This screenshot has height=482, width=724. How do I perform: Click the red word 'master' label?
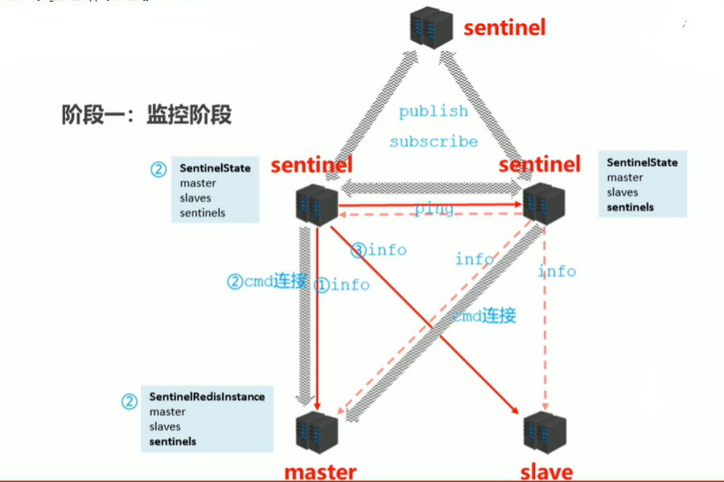point(320,471)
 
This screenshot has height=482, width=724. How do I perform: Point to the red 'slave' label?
point(547,471)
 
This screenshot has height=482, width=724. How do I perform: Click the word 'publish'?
point(433,112)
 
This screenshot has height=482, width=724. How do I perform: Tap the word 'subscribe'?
point(434,142)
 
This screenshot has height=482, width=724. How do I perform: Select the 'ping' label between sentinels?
point(434,209)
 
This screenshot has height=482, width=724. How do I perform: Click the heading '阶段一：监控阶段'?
point(146,115)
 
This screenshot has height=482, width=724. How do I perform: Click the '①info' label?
point(342,284)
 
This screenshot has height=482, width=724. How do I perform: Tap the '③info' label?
point(379,250)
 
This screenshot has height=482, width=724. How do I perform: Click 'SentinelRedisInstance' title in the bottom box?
point(207,397)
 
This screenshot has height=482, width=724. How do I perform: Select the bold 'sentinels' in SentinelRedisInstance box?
point(172,441)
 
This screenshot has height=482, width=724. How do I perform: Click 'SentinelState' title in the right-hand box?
point(642,163)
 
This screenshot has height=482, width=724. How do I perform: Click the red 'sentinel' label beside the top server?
point(504,28)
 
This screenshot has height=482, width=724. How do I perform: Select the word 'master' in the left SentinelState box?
point(198,183)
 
